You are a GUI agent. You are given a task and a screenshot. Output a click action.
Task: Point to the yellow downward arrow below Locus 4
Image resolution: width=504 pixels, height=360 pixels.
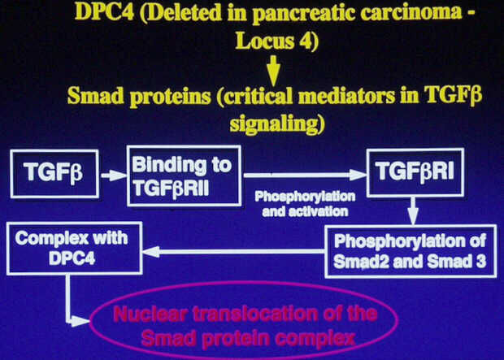click(274, 71)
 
